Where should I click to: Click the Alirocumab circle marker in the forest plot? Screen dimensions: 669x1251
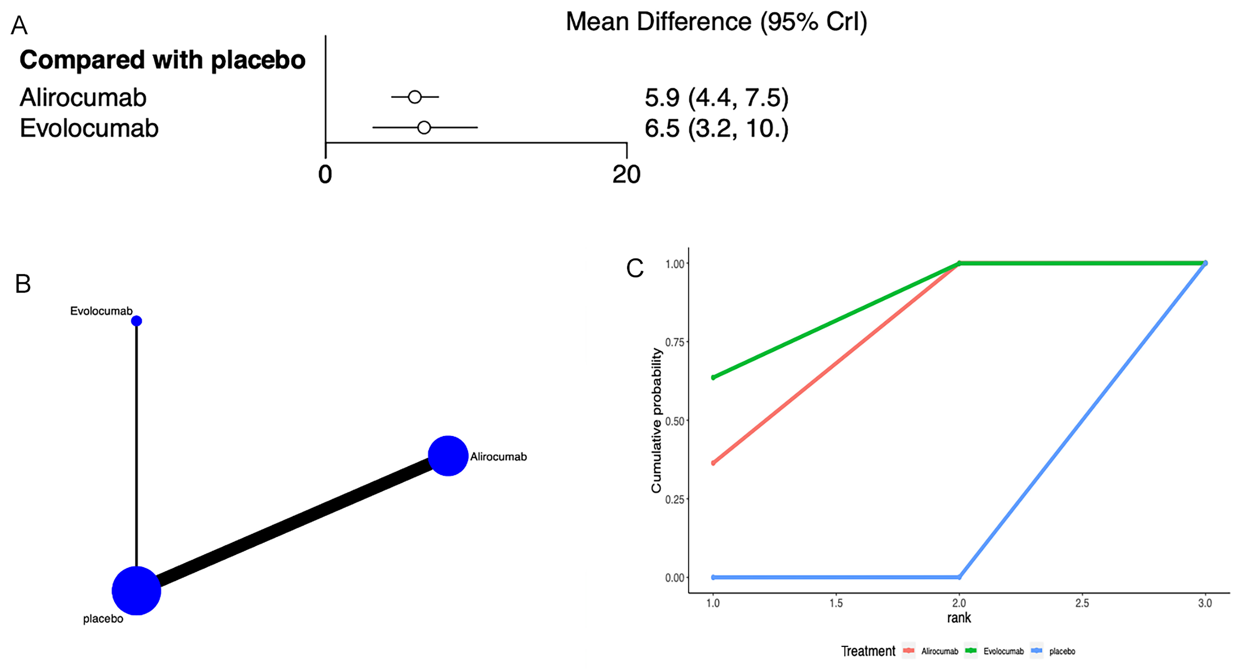click(x=414, y=97)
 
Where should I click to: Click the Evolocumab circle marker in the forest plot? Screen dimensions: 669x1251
click(x=424, y=128)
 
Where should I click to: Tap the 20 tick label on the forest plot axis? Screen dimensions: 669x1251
click(x=626, y=174)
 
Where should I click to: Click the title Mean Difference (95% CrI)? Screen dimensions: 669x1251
click(x=716, y=22)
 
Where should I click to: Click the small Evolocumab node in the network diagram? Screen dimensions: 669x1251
click(x=137, y=321)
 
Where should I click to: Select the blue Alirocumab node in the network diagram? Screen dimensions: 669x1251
click(x=448, y=456)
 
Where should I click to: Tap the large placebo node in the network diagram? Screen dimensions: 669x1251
click(x=137, y=590)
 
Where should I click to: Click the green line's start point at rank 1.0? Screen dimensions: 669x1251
click(x=713, y=377)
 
